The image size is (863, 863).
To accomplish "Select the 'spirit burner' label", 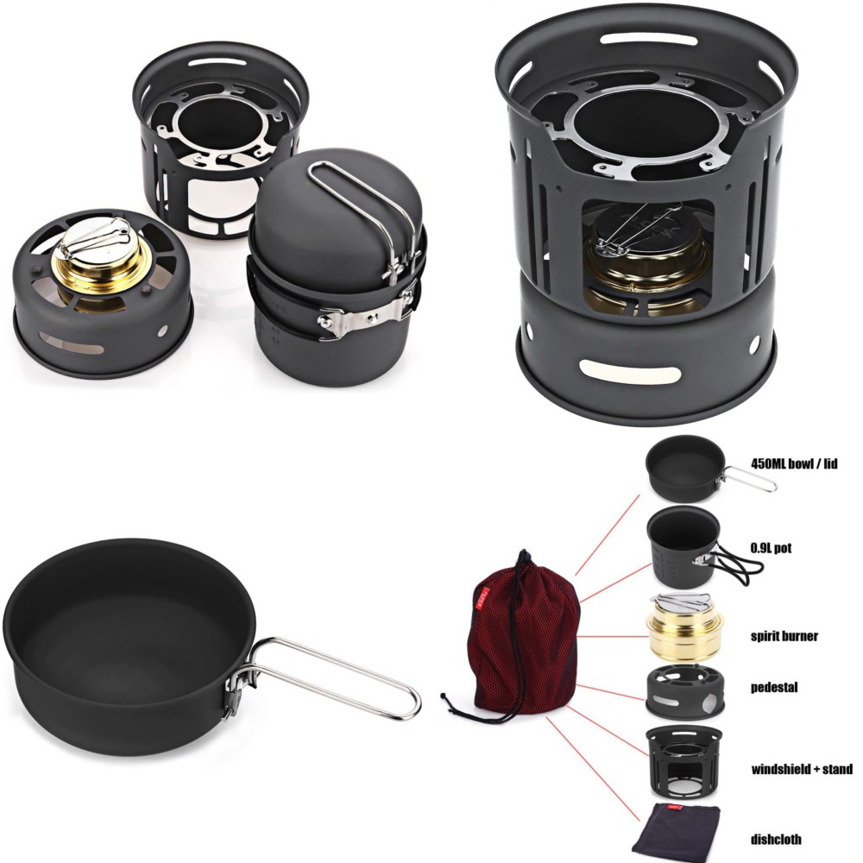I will pyautogui.click(x=784, y=637).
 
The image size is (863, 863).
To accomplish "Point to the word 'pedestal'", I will pyautogui.click(x=773, y=688).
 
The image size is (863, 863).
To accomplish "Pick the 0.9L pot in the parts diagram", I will pyautogui.click(x=683, y=548).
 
